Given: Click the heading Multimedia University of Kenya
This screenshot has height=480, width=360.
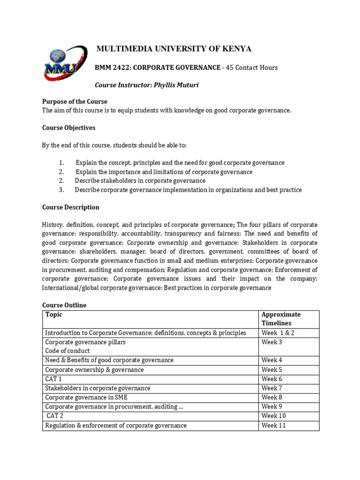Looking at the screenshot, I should (173, 49).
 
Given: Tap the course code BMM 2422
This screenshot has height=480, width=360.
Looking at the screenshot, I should (112, 67).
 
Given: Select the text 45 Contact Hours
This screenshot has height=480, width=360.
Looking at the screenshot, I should (252, 67).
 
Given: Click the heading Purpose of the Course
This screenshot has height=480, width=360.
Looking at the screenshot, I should (75, 102).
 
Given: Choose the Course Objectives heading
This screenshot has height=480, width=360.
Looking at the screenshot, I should (68, 127).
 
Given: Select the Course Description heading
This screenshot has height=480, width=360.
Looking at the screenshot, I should (70, 207).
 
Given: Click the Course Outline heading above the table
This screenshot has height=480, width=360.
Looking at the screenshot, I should (64, 305).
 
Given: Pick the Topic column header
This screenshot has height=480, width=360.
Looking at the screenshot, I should (53, 315).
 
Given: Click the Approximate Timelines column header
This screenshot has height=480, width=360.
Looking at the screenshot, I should (281, 319).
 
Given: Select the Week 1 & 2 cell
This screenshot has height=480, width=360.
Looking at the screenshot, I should (277, 333).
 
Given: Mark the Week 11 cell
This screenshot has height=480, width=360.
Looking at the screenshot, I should (274, 426).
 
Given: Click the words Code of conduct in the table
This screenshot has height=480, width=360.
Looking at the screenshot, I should (67, 351).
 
